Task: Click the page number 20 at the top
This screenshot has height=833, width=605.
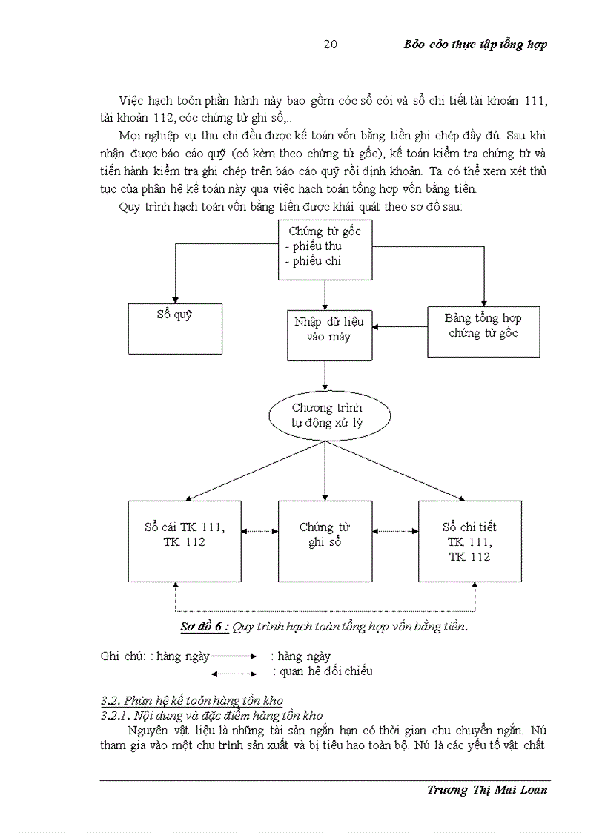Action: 331,45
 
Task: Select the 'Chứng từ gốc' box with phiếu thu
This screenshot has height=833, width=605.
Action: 325,249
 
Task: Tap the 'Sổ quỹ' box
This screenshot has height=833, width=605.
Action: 175,328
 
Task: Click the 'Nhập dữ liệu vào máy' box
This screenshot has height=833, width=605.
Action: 329,335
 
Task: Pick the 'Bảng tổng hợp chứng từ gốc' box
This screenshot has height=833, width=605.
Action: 483,331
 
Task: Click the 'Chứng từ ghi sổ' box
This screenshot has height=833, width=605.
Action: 325,540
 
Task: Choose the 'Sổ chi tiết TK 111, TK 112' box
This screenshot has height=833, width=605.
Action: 469,540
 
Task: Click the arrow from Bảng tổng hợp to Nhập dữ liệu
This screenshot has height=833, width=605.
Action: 400,326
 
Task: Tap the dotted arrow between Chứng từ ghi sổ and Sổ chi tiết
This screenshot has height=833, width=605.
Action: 395,531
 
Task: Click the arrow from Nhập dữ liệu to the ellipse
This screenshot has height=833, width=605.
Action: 325,377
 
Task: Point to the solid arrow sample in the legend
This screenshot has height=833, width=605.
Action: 234,656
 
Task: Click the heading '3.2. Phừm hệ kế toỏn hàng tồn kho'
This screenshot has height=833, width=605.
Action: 191,701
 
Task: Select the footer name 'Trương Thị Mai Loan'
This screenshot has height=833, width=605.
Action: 487,789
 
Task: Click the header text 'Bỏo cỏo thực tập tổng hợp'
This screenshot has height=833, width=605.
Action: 475,45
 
